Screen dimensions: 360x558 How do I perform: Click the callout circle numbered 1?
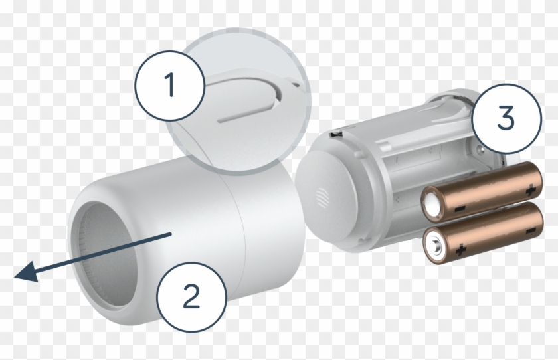click(170, 84)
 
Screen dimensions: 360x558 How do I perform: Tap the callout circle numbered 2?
click(191, 294)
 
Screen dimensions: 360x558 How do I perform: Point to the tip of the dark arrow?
click(18, 274)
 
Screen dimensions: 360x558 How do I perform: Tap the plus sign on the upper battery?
click(530, 191)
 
